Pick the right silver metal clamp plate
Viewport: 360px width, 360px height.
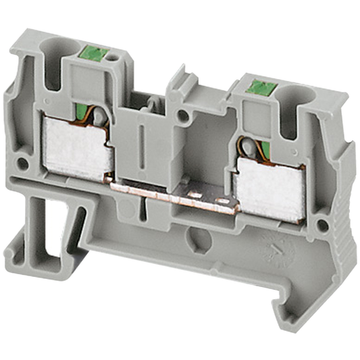click(269, 185)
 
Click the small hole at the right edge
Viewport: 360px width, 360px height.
click(323, 224)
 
